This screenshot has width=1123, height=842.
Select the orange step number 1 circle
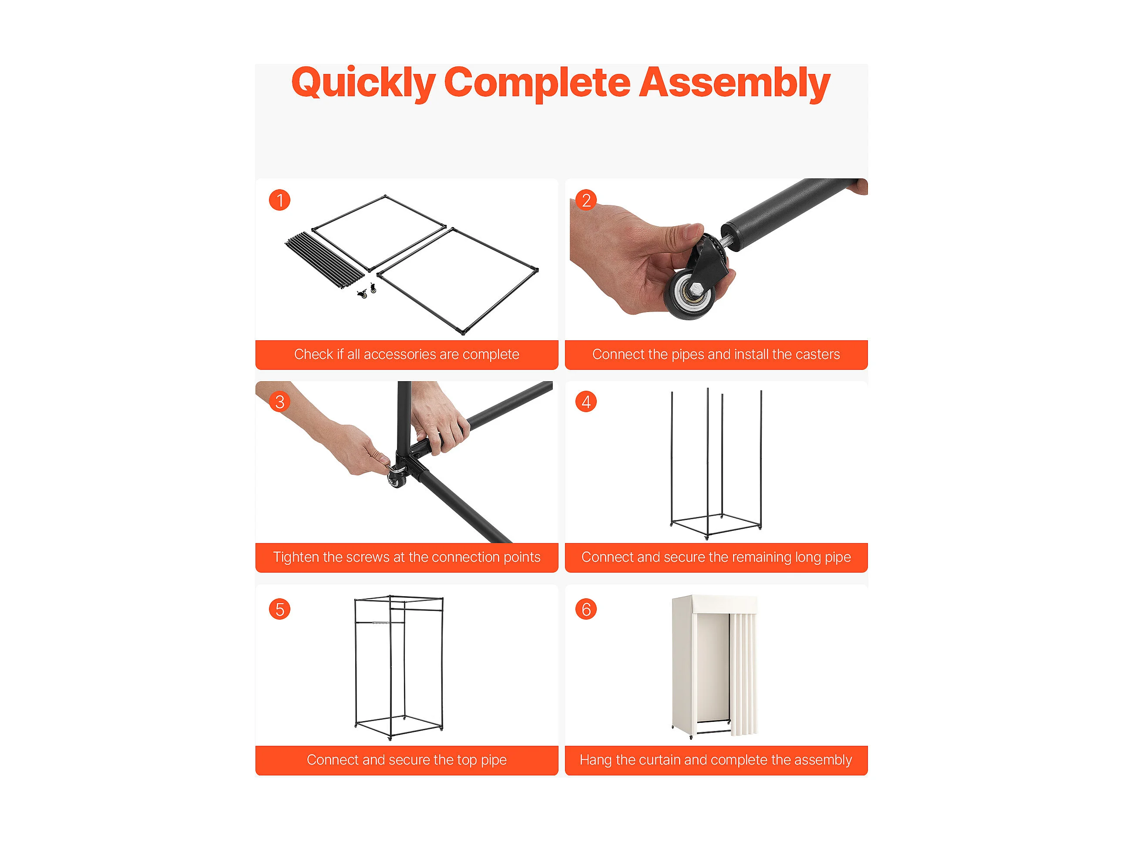pos(280,200)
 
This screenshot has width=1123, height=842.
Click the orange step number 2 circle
pos(586,200)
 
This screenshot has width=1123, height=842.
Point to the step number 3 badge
pos(280,402)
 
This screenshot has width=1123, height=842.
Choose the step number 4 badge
pos(586,402)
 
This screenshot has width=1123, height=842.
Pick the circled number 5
pos(280,609)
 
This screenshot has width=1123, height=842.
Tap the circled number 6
pos(586,609)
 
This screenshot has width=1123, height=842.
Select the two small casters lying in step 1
pos(367,291)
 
